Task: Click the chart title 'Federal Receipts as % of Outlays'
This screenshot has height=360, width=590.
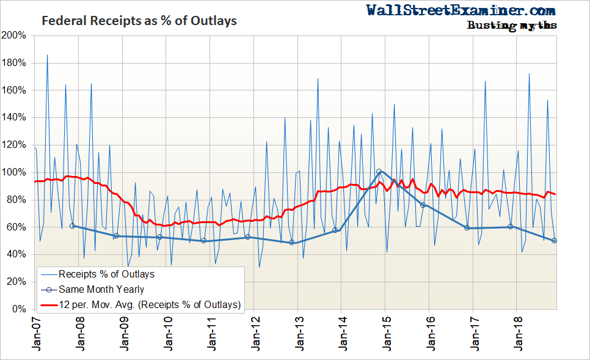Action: pyautogui.click(x=139, y=21)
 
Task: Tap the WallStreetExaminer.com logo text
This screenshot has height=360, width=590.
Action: pyautogui.click(x=461, y=10)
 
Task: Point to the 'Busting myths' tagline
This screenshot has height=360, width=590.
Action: pyautogui.click(x=511, y=25)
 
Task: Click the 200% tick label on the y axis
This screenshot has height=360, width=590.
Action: pyautogui.click(x=14, y=35)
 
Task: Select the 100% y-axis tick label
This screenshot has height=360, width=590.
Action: pyautogui.click(x=14, y=172)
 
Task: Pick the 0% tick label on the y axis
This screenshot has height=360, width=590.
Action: pyautogui.click(x=19, y=309)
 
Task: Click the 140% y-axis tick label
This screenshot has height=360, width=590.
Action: pyautogui.click(x=14, y=117)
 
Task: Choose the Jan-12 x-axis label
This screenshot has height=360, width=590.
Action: pyautogui.click(x=255, y=333)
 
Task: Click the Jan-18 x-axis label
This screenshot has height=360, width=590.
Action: pyautogui.click(x=517, y=333)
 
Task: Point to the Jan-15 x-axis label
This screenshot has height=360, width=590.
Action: pyautogui.click(x=385, y=333)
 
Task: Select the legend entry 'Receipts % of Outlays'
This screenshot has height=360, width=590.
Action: pyautogui.click(x=106, y=274)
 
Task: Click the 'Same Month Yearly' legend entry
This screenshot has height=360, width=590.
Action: pyautogui.click(x=101, y=289)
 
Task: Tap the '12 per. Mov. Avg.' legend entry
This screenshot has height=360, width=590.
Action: pyautogui.click(x=150, y=304)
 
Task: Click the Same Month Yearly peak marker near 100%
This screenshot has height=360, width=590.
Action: pyautogui.click(x=379, y=172)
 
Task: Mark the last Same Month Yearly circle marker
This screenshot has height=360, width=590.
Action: pyautogui.click(x=554, y=241)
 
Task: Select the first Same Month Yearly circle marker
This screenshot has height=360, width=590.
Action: pyautogui.click(x=73, y=226)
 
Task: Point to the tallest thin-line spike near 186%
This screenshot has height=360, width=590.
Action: pyautogui.click(x=47, y=55)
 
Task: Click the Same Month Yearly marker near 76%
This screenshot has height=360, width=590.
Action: pyautogui.click(x=423, y=205)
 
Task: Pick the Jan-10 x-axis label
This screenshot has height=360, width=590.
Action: pyautogui.click(x=167, y=333)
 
